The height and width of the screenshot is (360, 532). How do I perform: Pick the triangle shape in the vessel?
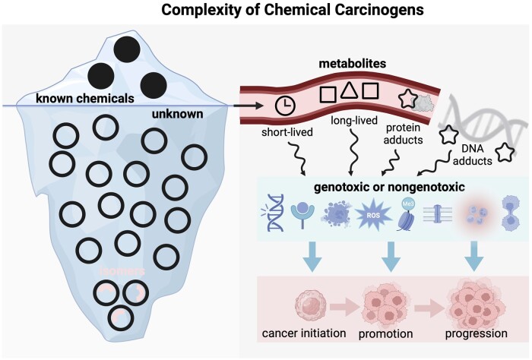pos(349,92)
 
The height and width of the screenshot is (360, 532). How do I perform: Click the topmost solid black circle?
pos(125,50)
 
